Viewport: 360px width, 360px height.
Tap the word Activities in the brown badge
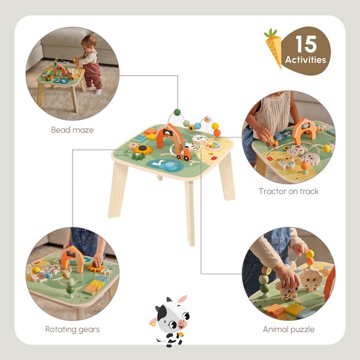306,59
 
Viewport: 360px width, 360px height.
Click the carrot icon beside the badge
272,48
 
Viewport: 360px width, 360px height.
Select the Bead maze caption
73,130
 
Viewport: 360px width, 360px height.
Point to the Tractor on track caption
289,191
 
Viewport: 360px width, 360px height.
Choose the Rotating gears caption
73,329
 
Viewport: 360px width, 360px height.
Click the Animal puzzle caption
289,329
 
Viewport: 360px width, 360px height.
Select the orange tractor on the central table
182,154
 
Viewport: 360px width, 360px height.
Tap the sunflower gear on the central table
142,149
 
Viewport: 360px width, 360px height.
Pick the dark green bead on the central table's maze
176,112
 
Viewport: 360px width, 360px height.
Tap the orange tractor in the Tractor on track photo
272,143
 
